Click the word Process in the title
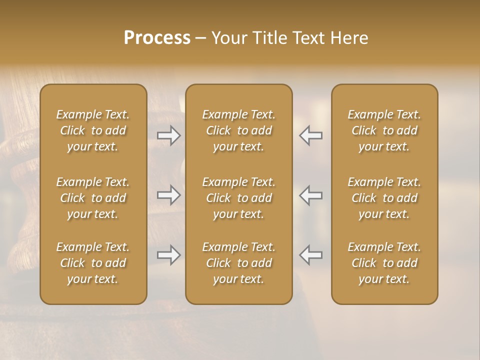[157, 38]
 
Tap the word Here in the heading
[348, 38]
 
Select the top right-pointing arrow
[168, 135]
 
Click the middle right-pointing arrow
[168, 194]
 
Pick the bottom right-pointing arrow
[168, 255]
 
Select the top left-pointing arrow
[310, 135]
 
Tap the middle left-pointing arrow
[310, 194]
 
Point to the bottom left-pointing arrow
[310, 255]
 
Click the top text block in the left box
[93, 130]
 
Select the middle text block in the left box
[93, 198]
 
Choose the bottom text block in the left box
[93, 263]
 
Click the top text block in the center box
[238, 130]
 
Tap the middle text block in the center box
[238, 198]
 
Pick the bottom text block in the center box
[238, 263]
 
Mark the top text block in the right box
[384, 130]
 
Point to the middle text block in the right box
[384, 198]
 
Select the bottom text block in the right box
[384, 263]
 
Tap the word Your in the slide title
[228, 38]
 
